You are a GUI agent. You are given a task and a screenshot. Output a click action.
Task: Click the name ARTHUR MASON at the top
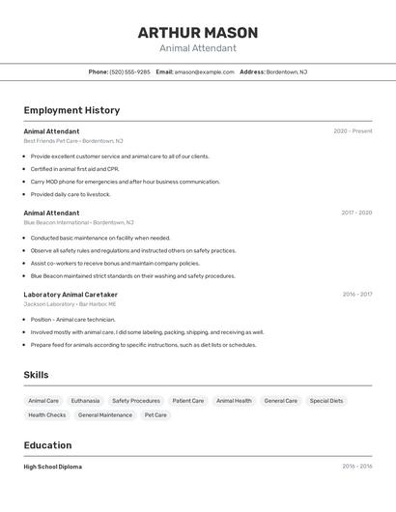[197, 32]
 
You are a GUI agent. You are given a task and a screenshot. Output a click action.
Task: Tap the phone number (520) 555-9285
[129, 71]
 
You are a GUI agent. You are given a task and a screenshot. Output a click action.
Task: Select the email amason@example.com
[204, 71]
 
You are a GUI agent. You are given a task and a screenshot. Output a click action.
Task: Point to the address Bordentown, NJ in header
[287, 71]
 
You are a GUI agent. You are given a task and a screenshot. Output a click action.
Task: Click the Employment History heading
[71, 110]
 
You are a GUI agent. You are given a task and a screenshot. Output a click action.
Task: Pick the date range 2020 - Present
[353, 131]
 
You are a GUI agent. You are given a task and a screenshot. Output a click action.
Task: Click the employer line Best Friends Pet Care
[73, 141]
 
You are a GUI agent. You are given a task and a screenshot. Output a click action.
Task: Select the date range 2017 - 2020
[356, 213]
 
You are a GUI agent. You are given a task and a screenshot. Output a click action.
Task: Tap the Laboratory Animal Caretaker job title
[71, 295]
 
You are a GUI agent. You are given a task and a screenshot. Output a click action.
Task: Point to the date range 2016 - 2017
[357, 295]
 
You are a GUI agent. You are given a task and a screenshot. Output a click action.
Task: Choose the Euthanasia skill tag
[85, 401]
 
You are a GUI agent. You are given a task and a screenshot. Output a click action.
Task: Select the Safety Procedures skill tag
[136, 401]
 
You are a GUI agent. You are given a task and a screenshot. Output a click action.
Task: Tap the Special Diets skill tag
[326, 401]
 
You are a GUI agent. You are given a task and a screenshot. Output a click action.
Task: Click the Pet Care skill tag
[156, 415]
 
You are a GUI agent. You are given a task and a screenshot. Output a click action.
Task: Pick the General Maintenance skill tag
[105, 415]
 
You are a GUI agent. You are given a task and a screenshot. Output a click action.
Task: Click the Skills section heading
[36, 375]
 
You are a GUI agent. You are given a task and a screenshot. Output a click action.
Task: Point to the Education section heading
[47, 445]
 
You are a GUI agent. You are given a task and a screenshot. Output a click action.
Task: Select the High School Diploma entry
[53, 467]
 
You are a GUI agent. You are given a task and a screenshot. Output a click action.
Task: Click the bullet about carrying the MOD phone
[126, 182]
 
